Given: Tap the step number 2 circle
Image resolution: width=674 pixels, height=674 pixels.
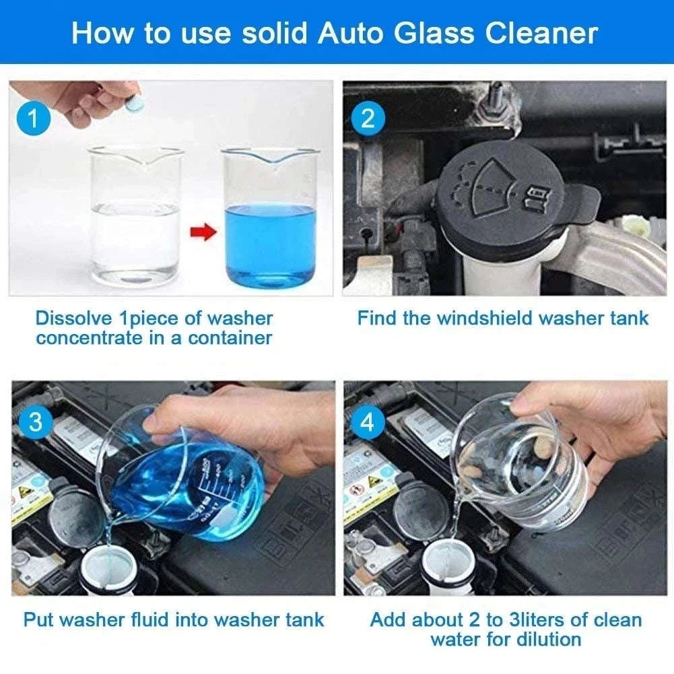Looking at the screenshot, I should pos(368,119).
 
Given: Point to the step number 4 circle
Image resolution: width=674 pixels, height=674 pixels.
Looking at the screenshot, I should pos(367,422).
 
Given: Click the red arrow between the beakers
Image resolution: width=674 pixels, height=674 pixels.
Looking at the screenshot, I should pos(203,232).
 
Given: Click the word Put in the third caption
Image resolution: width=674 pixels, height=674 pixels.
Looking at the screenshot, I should pos(38,619).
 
